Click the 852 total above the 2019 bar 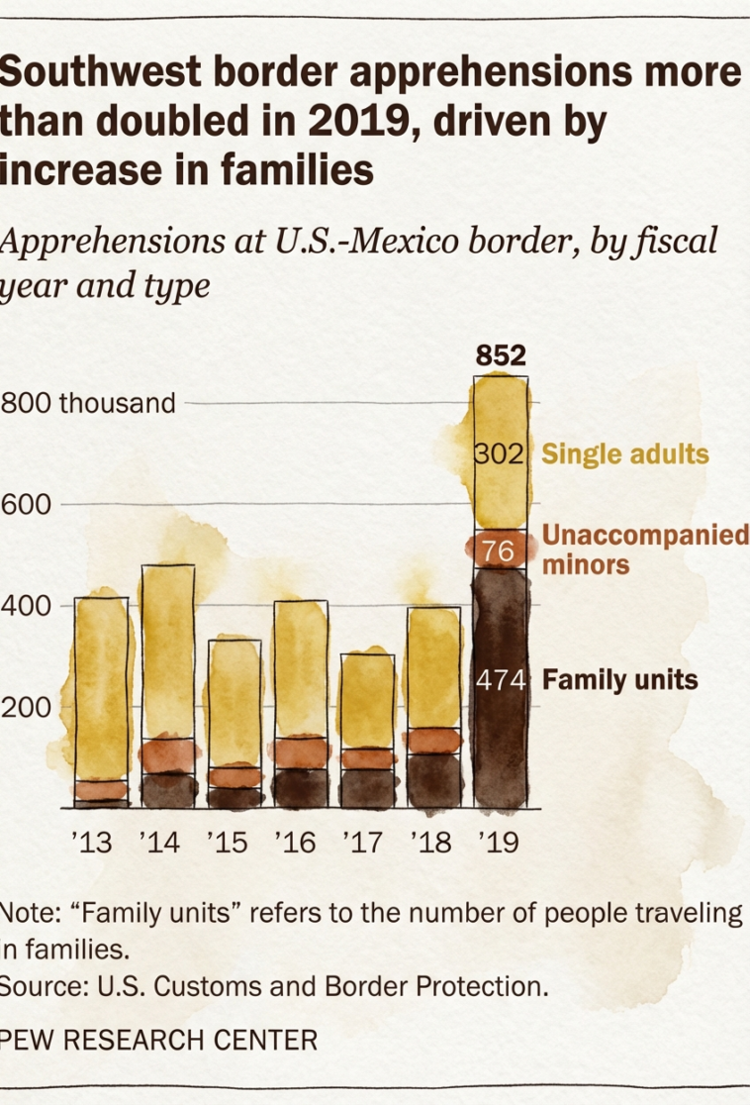coord(500,355)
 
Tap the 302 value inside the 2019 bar coord(499,454)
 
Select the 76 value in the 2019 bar coord(499,551)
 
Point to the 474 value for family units coord(500,680)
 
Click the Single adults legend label coord(625,454)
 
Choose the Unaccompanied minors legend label coord(643,551)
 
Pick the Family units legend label coord(620,680)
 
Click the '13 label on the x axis coord(92,843)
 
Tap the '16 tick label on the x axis coord(295,843)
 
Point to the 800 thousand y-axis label coord(88,404)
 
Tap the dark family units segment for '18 coord(432,780)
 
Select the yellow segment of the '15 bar coord(234,703)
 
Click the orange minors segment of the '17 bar coord(367,758)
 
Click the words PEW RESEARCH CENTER coord(158,1041)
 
